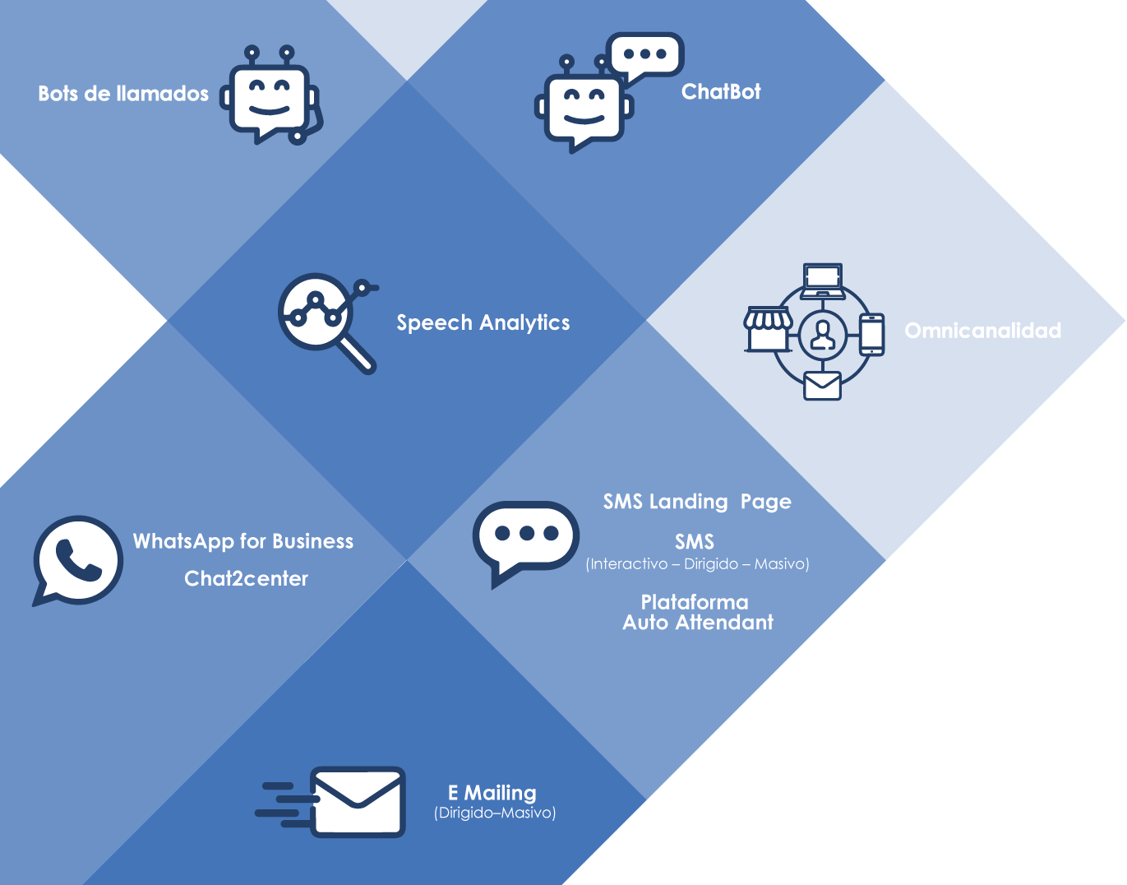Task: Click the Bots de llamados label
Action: click(123, 94)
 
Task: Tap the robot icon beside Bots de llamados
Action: click(270, 97)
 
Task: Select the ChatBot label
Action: click(721, 91)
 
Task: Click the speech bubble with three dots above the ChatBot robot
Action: click(645, 55)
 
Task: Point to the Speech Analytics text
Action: click(483, 322)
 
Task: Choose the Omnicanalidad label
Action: click(982, 331)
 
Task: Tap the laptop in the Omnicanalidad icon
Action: click(823, 280)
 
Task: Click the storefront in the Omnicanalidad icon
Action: click(768, 328)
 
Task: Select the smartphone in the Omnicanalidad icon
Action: click(871, 334)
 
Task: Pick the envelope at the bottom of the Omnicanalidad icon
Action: click(822, 385)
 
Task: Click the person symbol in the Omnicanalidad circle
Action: click(822, 334)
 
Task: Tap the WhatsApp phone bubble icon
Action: click(77, 560)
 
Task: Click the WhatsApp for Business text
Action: click(243, 541)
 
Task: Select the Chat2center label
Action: click(246, 578)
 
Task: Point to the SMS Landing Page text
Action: click(697, 502)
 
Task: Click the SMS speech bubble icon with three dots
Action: click(525, 539)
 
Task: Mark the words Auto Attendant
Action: click(698, 623)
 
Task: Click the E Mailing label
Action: click(492, 793)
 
